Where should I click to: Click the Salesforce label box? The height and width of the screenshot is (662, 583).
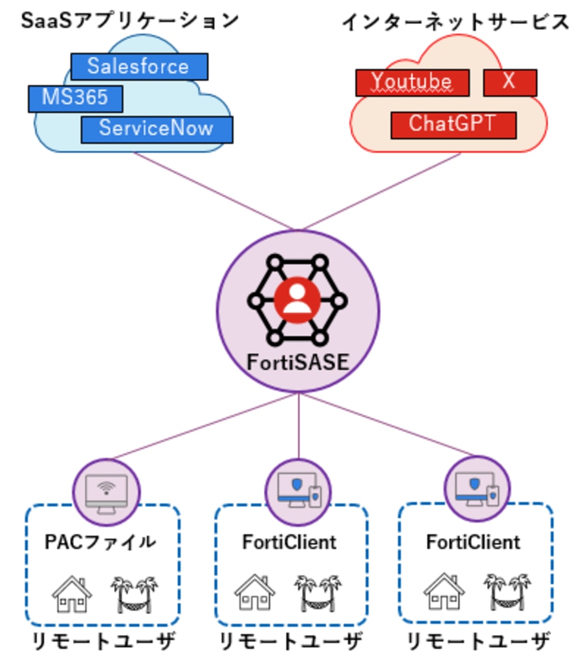(138, 67)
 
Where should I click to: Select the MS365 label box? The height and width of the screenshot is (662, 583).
(75, 98)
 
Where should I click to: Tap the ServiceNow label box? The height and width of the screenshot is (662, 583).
(156, 128)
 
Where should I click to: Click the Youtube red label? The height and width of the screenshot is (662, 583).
(412, 82)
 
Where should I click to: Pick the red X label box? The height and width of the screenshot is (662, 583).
(509, 82)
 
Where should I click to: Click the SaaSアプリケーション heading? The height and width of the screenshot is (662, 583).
(129, 21)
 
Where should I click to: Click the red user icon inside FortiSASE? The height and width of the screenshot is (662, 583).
(297, 300)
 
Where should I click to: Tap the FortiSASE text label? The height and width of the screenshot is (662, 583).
(298, 362)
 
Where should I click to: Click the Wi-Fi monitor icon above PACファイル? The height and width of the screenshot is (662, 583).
(105, 492)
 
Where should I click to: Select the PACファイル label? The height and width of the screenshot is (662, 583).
(100, 542)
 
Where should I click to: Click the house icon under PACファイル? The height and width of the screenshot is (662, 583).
(72, 593)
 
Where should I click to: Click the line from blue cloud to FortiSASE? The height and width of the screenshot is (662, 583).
(214, 191)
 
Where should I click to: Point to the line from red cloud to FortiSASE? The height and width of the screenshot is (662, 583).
(382, 191)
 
